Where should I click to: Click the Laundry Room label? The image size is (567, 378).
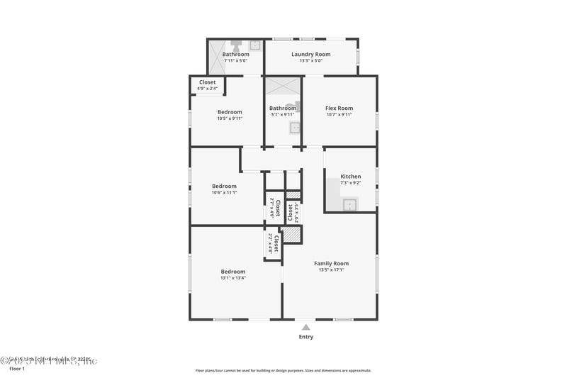311,54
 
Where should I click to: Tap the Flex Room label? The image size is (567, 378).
339,108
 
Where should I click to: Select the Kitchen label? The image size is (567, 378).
351,176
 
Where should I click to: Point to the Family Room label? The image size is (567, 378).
331,263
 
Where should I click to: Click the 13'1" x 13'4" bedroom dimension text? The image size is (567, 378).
232,278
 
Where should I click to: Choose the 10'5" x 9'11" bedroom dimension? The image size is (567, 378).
230,118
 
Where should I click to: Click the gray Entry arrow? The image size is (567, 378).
305,327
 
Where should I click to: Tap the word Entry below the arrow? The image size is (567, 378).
305,337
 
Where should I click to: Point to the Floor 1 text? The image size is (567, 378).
16,369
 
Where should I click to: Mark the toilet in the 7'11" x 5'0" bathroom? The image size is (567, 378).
235,45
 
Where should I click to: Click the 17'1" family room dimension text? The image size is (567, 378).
331,269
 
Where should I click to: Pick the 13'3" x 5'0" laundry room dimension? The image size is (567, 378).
311,60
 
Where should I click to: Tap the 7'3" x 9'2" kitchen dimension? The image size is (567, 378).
351,183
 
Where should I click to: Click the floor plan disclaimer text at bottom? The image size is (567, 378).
283,370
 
